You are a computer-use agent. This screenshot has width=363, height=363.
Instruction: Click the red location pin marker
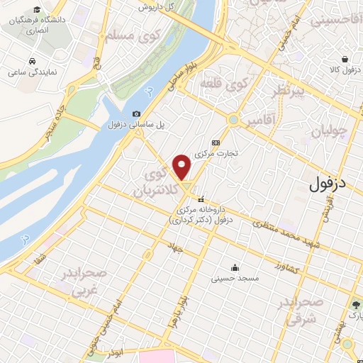[x=183, y=166]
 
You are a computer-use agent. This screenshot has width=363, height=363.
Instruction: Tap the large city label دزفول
[x=331, y=184]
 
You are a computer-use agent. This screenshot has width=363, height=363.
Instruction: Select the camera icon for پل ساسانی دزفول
[x=136, y=113]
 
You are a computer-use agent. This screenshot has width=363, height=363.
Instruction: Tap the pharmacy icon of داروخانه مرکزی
[x=202, y=199]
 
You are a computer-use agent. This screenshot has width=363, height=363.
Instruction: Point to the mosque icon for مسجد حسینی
[x=234, y=268]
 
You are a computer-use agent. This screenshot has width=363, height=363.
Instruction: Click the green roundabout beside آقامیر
[x=233, y=119]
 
